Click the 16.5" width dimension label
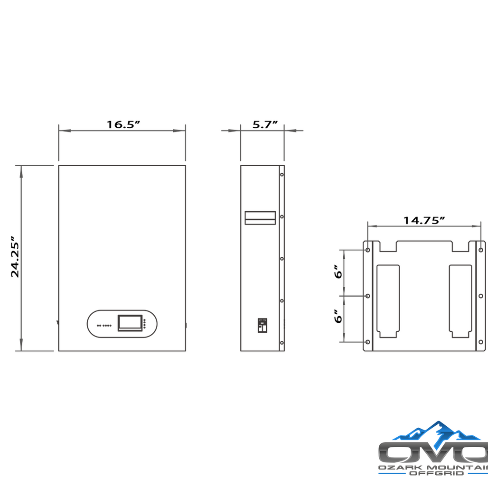123,125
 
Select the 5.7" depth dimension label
262,125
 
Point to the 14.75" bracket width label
424,220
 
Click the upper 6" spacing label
338,272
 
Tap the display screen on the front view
130,323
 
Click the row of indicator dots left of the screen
104,326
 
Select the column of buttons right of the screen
144,324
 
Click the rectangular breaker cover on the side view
260,217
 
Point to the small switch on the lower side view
262,326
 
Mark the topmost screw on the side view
282,175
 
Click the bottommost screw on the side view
282,343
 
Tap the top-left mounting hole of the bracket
368,250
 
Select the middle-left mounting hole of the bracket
368,296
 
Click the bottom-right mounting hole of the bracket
480,342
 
